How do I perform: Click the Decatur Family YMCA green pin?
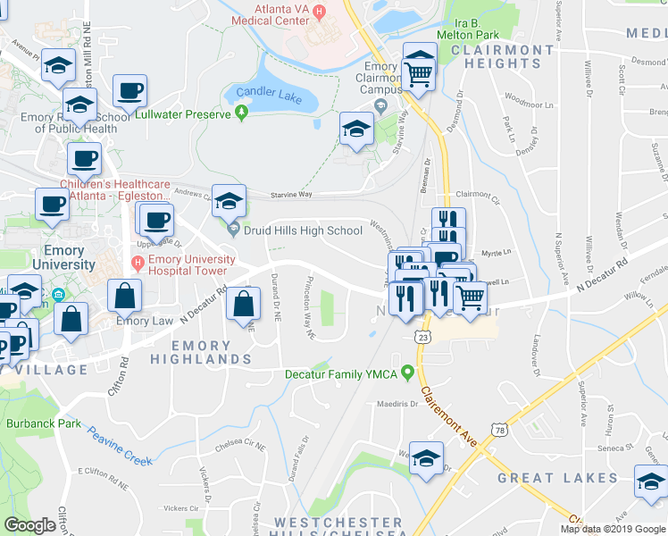pos(408,372)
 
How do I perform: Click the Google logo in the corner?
pos(29,525)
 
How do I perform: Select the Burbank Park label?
pos(38,423)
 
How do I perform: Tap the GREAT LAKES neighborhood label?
pos(557,478)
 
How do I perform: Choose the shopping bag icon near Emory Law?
pos(126,296)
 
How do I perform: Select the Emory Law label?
pos(144,321)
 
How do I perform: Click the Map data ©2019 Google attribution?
pos(613,529)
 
